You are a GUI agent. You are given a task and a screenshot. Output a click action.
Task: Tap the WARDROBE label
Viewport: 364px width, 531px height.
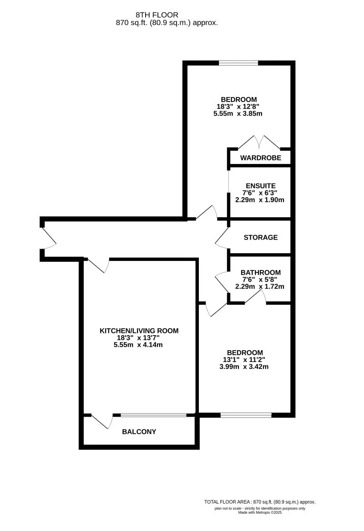click(261, 158)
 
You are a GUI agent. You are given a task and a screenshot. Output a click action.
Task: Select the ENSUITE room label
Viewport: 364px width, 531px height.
click(261, 186)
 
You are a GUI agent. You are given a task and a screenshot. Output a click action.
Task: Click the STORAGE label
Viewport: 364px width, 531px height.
click(261, 237)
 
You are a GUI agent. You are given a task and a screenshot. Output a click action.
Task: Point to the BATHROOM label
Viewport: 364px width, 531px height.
click(261, 272)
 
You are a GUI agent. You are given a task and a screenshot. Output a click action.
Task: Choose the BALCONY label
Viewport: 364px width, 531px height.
click(139, 431)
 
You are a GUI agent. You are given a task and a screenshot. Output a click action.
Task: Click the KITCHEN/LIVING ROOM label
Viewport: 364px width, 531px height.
click(139, 331)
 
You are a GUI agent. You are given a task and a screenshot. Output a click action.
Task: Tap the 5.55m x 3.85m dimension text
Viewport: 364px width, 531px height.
click(239, 114)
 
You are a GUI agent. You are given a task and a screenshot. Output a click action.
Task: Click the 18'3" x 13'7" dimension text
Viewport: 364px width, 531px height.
click(139, 338)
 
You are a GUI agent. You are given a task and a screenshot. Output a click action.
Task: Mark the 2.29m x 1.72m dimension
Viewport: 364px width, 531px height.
click(260, 286)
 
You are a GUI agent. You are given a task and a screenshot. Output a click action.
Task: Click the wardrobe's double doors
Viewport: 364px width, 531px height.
click(259, 143)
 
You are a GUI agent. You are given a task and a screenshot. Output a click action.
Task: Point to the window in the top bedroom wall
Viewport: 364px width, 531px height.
click(238, 63)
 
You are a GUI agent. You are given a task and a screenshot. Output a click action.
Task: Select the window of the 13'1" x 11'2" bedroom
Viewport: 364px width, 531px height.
click(246, 415)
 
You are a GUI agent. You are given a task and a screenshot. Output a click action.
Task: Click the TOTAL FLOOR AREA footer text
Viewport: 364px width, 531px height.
click(260, 501)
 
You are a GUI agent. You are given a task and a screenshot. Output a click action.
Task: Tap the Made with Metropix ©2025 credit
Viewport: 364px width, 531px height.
click(260, 513)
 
